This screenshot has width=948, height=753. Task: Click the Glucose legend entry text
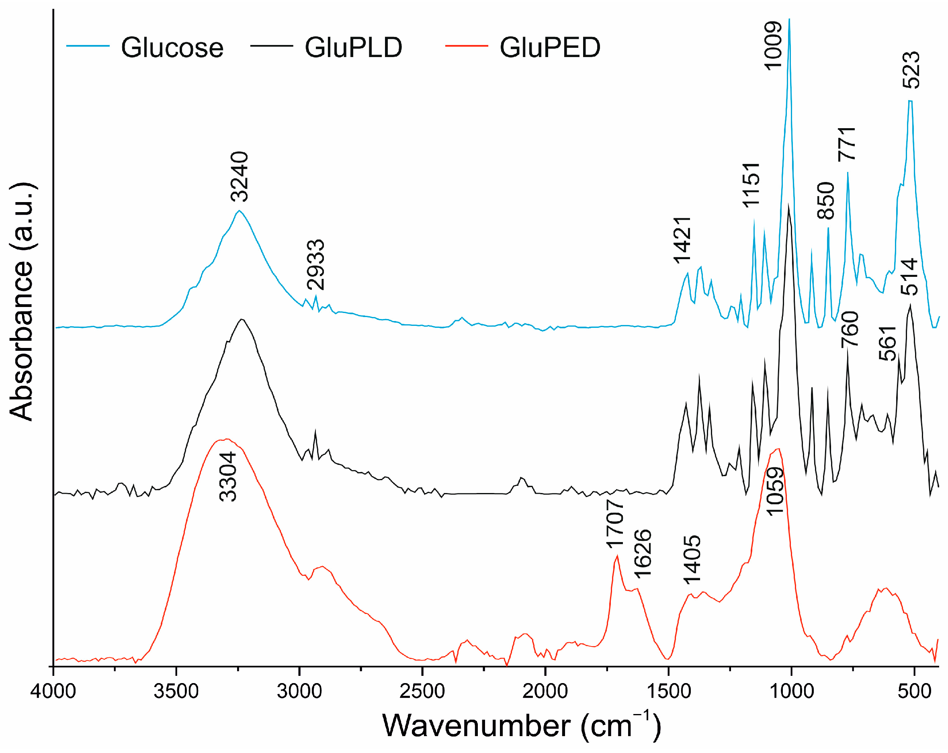pyautogui.click(x=172, y=47)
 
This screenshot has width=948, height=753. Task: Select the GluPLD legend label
pyautogui.click(x=353, y=47)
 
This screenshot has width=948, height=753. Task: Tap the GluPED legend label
pyautogui.click(x=550, y=47)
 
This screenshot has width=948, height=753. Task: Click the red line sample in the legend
pyautogui.click(x=467, y=46)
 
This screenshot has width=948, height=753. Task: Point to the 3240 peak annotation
pyautogui.click(x=240, y=176)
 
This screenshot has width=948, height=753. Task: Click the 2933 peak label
pyautogui.click(x=316, y=265)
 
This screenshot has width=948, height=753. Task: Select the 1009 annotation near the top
pyautogui.click(x=772, y=45)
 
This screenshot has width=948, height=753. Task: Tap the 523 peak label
pyautogui.click(x=911, y=70)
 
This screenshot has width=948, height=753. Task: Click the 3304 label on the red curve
pyautogui.click(x=228, y=477)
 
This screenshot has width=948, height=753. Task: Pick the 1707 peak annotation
pyautogui.click(x=615, y=524)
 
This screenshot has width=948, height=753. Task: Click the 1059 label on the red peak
pyautogui.click(x=775, y=491)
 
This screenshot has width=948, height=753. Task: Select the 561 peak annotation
pyautogui.click(x=887, y=343)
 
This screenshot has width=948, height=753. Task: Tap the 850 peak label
pyautogui.click(x=826, y=201)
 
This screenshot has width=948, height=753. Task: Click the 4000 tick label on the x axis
pyautogui.click(x=53, y=692)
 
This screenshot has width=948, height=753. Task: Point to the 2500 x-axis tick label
pyautogui.click(x=422, y=692)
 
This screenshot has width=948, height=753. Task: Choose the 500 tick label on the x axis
pyautogui.click(x=915, y=692)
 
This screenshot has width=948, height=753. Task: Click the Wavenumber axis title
pyautogui.click(x=522, y=726)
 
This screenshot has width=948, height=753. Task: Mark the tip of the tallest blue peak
pyautogui.click(x=789, y=19)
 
